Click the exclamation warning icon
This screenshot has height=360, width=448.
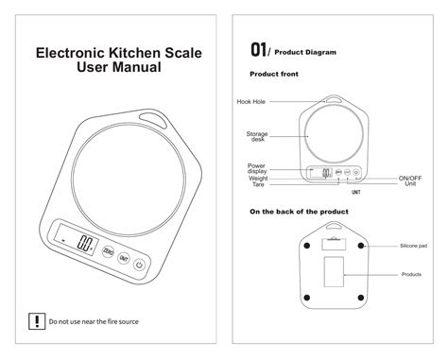coord(36,321)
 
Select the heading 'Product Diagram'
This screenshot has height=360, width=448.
coord(306,52)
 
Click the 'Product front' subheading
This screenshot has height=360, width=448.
coord(274,73)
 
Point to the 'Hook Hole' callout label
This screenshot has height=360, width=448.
coord(250,101)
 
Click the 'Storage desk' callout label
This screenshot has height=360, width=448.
coord(257,136)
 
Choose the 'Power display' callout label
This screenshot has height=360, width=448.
coord(256,168)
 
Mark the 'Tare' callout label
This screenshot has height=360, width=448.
coord(258,184)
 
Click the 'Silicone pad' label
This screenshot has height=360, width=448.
coord(413,245)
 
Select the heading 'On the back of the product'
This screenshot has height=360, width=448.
coord(299,212)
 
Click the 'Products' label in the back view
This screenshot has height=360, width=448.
coord(411,274)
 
